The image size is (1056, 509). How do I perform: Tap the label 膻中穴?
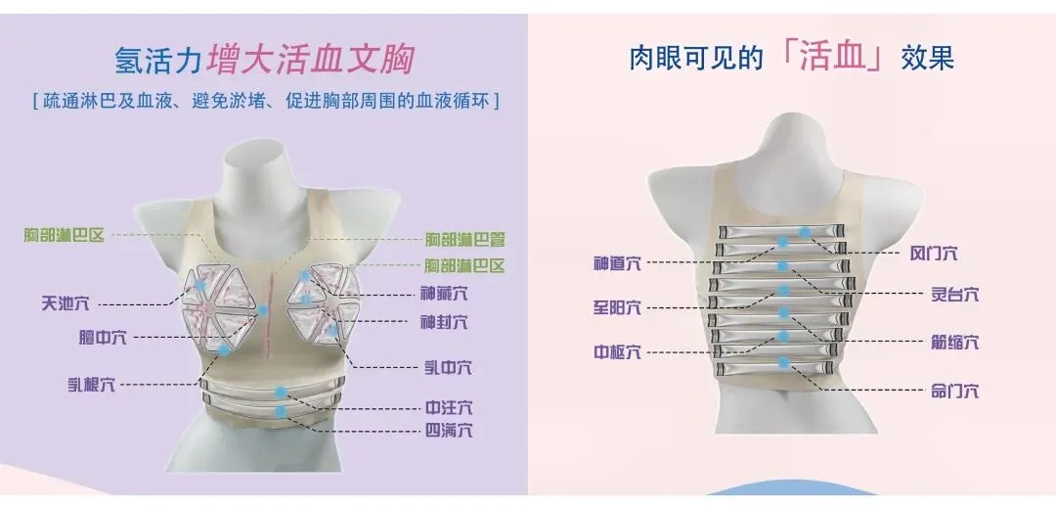coord(102,338)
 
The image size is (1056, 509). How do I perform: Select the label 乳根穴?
coord(89,385)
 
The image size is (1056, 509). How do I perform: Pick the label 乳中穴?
coord(448,368)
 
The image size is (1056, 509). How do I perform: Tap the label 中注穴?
coord(449,407)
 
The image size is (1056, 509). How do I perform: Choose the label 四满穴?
coord(449,431)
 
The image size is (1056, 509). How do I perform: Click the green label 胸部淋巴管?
coord(464,239)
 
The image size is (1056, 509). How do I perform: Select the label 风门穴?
coord(934,254)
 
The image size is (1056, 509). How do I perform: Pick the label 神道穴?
coord(618,263)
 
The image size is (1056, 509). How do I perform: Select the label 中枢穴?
coord(618,352)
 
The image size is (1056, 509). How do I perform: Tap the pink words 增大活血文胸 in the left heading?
coord(311,60)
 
